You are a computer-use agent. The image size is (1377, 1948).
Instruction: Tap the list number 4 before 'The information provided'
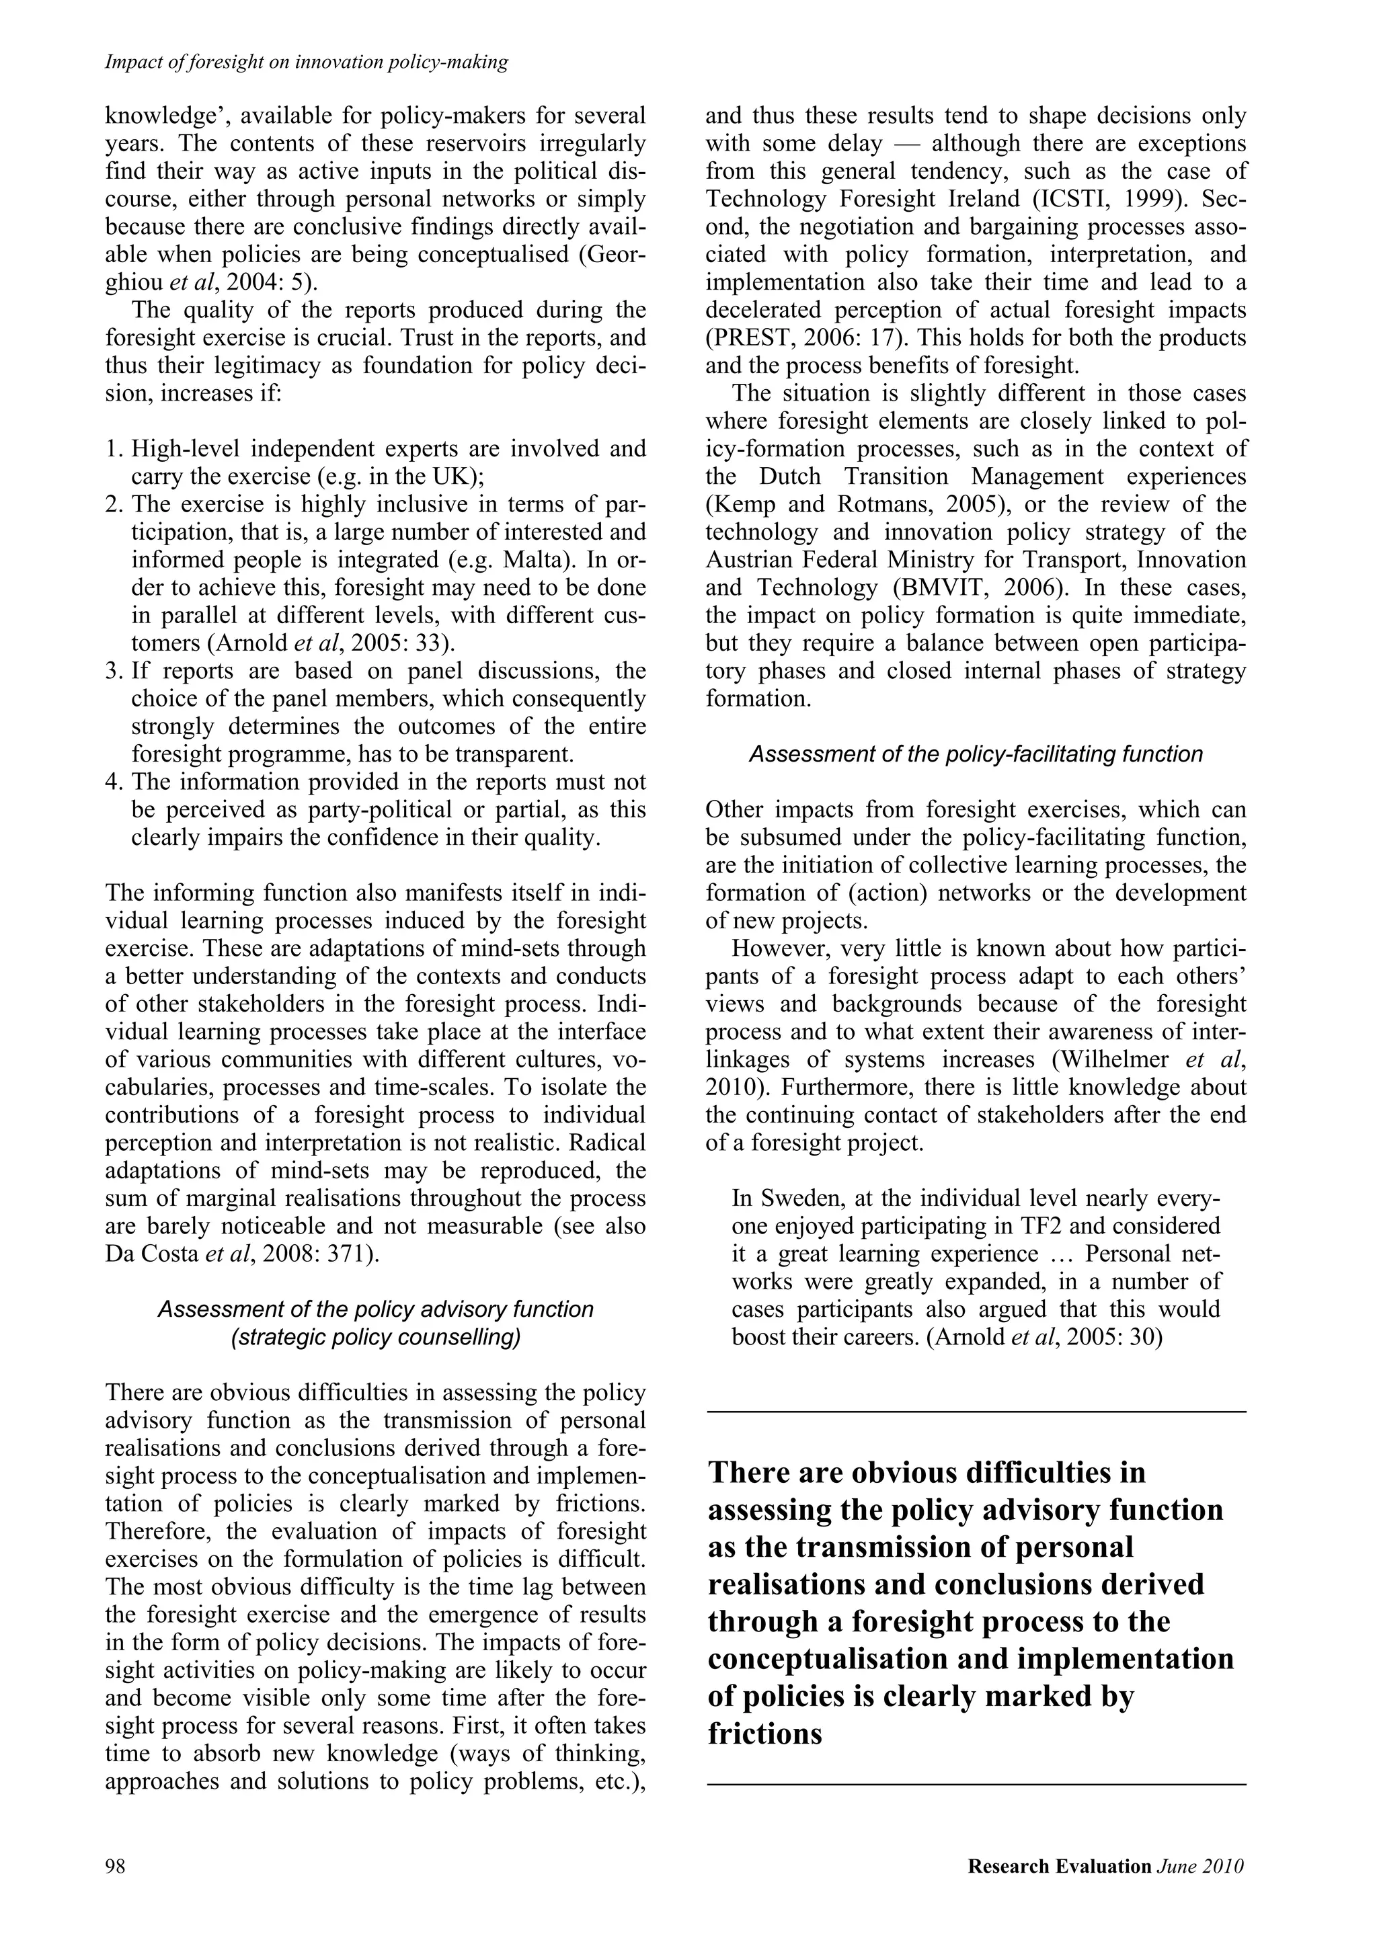coord(112,781)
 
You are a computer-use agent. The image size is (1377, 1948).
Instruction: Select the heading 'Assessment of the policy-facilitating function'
coord(975,754)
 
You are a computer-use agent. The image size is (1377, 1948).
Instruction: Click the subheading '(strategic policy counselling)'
coord(375,1337)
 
